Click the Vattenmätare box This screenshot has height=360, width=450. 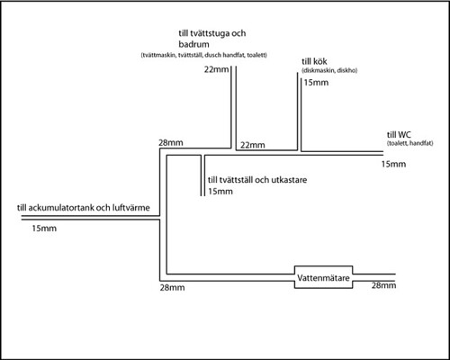click(323, 266)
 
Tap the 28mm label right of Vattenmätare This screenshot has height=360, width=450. click(383, 285)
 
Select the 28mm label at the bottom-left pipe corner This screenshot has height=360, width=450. click(172, 288)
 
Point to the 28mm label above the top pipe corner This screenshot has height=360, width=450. click(171, 142)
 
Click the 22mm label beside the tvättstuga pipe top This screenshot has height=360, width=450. click(216, 69)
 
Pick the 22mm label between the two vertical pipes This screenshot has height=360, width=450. click(253, 145)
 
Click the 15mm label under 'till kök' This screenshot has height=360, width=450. click(316, 83)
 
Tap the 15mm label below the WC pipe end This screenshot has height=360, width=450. click(393, 164)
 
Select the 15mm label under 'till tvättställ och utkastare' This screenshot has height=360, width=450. click(220, 192)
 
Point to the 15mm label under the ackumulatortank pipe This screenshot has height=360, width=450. click(44, 229)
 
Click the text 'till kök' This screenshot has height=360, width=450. click(314, 61)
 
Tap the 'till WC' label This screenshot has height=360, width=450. click(399, 135)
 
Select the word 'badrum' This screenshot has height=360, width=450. click(193, 44)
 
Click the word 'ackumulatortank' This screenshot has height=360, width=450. click(63, 208)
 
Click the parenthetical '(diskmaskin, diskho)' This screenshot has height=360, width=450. click(329, 71)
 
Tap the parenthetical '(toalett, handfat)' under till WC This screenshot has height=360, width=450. click(410, 143)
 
